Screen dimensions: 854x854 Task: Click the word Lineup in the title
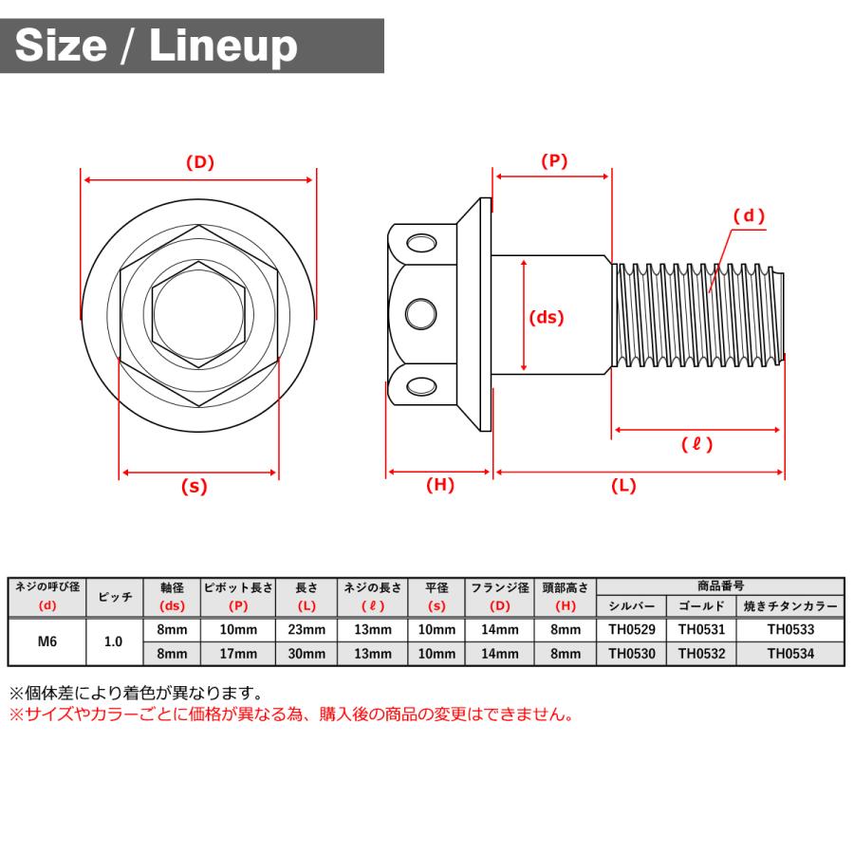pyautogui.click(x=223, y=46)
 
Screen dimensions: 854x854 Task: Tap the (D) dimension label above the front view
pyautogui.click(x=200, y=162)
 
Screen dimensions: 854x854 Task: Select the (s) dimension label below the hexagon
pyautogui.click(x=195, y=486)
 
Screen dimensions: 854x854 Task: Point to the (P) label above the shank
pyautogui.click(x=554, y=160)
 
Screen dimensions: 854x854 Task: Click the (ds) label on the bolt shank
pyautogui.click(x=547, y=317)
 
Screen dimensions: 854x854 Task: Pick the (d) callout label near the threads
pyautogui.click(x=749, y=215)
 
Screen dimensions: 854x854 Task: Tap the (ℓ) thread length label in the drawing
pyautogui.click(x=696, y=444)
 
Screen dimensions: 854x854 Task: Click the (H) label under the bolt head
pyautogui.click(x=440, y=485)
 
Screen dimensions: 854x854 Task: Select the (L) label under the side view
pyautogui.click(x=623, y=485)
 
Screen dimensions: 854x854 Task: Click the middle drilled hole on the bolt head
pyautogui.click(x=421, y=314)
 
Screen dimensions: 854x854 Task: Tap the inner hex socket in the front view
pyautogui.click(x=199, y=314)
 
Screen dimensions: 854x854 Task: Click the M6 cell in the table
pyautogui.click(x=47, y=641)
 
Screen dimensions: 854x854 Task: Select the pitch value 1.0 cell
pyautogui.click(x=113, y=641)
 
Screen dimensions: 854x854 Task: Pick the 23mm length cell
pyautogui.click(x=306, y=630)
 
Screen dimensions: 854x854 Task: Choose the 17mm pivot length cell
pyautogui.click(x=238, y=654)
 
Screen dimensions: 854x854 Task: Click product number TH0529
pyautogui.click(x=632, y=630)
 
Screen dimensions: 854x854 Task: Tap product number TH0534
pyautogui.click(x=790, y=654)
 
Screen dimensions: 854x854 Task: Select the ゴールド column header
pyautogui.click(x=701, y=606)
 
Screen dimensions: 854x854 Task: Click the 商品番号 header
pyautogui.click(x=720, y=586)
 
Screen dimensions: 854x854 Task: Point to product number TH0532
pyautogui.click(x=701, y=654)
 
